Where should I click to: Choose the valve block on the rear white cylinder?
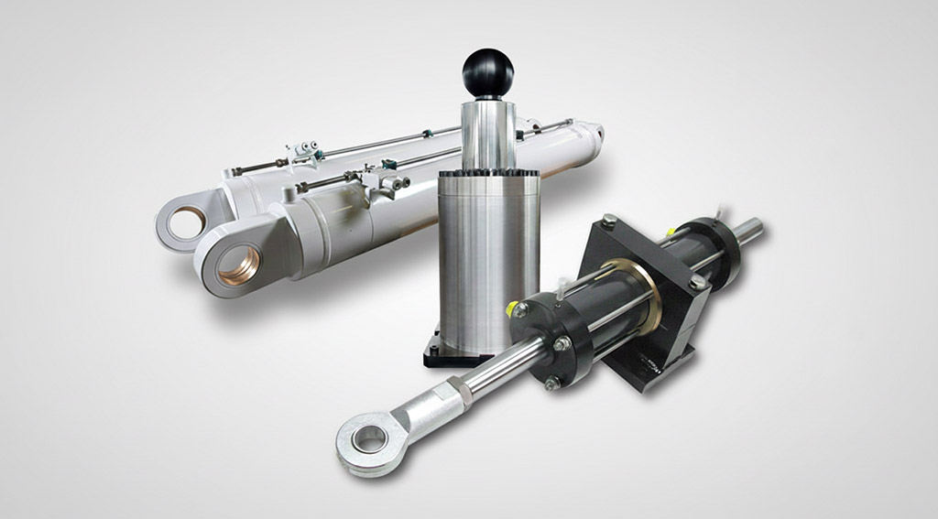pos(305,152)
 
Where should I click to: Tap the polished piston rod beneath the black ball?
pos(487,133)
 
